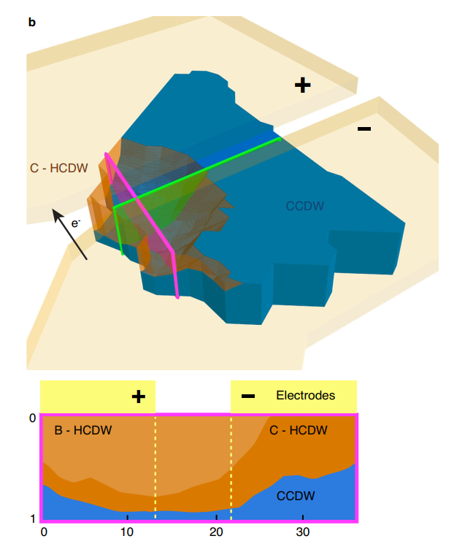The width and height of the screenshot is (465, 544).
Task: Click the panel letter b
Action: coord(31,23)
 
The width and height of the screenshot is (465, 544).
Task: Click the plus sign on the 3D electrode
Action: coord(302,85)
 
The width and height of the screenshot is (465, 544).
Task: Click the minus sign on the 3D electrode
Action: coord(364,129)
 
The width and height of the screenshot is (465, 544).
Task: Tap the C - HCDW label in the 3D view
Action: coord(58,168)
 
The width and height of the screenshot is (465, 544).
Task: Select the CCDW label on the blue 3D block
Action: coord(304,207)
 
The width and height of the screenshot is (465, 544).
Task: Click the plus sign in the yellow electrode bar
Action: coord(139,396)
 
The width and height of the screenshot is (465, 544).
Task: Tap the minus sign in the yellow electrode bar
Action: coord(248,396)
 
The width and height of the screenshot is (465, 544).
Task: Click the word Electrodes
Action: coord(305,396)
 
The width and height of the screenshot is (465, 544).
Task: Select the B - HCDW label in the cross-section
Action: coord(83,430)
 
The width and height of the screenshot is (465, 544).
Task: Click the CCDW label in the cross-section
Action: coord(296,497)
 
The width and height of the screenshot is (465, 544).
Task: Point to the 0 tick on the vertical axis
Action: coord(32,418)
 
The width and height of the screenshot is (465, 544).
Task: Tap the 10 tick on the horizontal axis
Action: coord(127,531)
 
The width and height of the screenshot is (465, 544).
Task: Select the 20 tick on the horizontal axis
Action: coord(216,531)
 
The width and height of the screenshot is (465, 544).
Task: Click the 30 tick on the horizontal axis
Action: coord(301,531)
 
